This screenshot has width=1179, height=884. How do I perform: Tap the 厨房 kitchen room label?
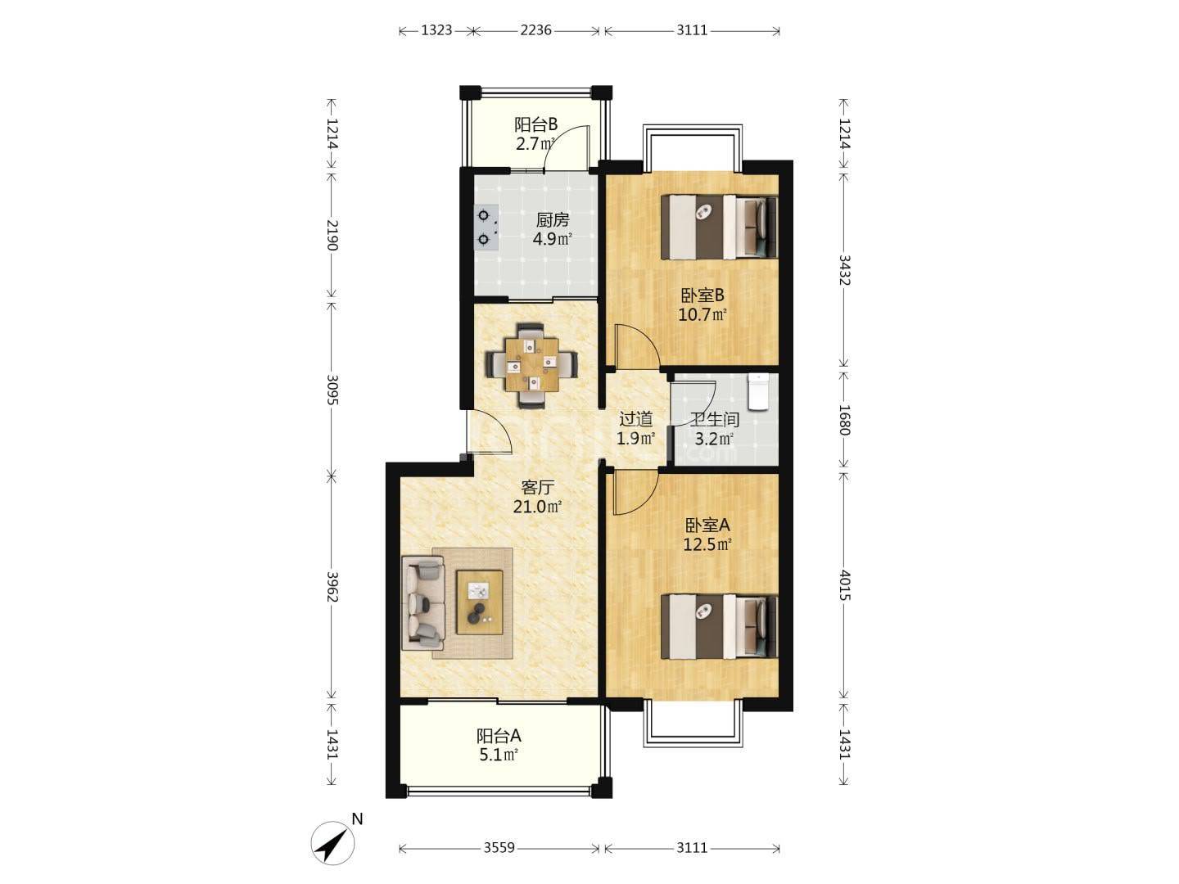552,220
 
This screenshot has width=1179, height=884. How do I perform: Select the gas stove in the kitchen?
109,228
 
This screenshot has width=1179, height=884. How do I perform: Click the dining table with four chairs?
531,366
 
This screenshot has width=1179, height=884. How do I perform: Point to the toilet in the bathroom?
759,392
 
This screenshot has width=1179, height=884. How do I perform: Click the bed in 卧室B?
719,227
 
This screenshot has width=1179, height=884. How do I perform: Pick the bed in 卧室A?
719,626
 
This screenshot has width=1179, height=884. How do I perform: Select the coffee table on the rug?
480,602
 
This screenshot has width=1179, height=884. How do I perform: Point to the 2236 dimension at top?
535,30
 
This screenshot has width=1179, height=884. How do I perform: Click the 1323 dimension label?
436,30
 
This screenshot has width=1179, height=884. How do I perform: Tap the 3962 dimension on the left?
332,587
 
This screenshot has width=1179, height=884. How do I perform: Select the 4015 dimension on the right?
844,585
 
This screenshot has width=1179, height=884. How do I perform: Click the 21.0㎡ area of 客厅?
537,506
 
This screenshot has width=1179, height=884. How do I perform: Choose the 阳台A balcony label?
499,735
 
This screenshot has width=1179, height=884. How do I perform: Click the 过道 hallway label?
635,418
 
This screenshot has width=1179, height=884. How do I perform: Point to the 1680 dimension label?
844,420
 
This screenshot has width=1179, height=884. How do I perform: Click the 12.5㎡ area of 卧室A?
707,545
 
